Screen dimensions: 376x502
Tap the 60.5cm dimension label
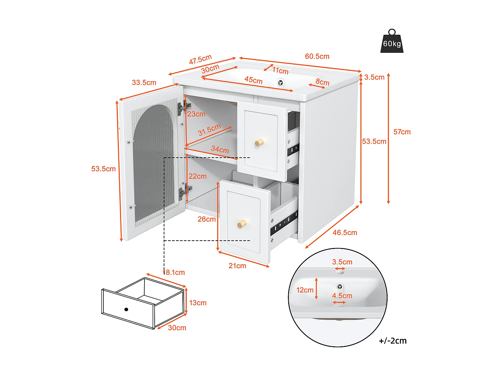point(317,56)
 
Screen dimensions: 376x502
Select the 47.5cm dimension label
point(200,59)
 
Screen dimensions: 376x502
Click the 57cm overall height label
point(402,132)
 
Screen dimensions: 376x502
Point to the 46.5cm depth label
point(345,233)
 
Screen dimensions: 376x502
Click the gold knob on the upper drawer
point(259,143)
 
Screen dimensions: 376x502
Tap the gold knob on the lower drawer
point(242,224)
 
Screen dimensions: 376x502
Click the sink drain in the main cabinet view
point(280,83)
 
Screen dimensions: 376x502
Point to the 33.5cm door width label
point(144,83)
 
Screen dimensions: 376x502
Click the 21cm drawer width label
point(237,266)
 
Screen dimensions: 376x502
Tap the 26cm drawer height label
point(206,219)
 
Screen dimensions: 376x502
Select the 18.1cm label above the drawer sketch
point(174,272)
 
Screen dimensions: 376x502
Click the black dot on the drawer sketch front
point(126,309)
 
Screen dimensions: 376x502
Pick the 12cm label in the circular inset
point(305,290)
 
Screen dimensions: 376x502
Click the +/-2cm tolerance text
point(393,341)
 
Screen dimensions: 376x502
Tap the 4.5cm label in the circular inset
point(342,296)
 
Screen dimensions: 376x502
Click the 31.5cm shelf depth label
point(209,130)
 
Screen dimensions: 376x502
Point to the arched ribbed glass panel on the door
point(154,164)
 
